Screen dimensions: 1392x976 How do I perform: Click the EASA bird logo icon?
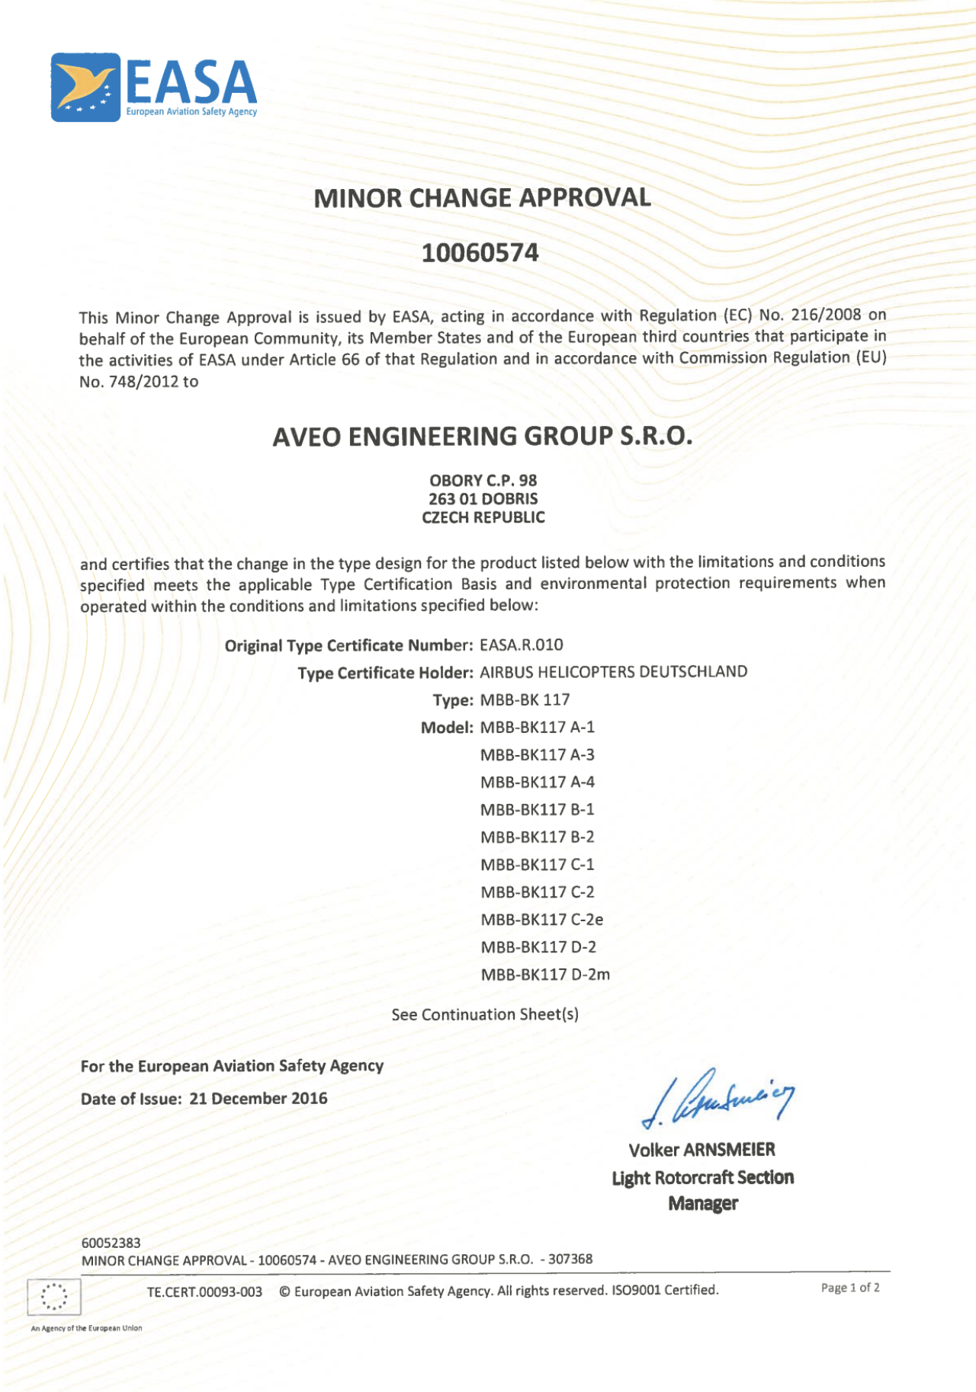tap(85, 87)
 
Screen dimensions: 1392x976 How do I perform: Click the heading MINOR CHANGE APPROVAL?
tap(482, 198)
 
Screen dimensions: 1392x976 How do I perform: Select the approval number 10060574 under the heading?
tap(480, 252)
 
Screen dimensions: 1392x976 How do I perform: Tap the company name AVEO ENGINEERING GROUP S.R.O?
tap(482, 437)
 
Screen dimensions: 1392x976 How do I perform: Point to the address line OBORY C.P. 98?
tap(483, 481)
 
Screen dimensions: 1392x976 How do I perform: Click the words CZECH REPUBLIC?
tap(483, 517)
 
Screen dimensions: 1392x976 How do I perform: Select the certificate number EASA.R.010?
tap(522, 645)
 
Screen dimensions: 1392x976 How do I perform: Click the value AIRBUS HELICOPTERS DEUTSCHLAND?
tap(613, 672)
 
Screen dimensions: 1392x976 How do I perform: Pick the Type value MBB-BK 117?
tap(525, 700)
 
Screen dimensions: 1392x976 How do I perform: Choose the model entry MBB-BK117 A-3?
tap(537, 755)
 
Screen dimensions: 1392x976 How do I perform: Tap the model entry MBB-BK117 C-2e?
tap(541, 920)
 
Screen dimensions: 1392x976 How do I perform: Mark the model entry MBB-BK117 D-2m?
tap(545, 974)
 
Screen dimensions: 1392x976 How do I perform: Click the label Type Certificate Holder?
tap(385, 673)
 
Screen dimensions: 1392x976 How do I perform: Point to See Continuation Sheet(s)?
tap(485, 1015)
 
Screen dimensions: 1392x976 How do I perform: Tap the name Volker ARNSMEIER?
tap(701, 1150)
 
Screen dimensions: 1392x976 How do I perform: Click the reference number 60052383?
tap(111, 1243)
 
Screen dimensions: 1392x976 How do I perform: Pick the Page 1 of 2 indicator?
tap(850, 1288)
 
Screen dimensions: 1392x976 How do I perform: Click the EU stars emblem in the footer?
tap(53, 1296)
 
